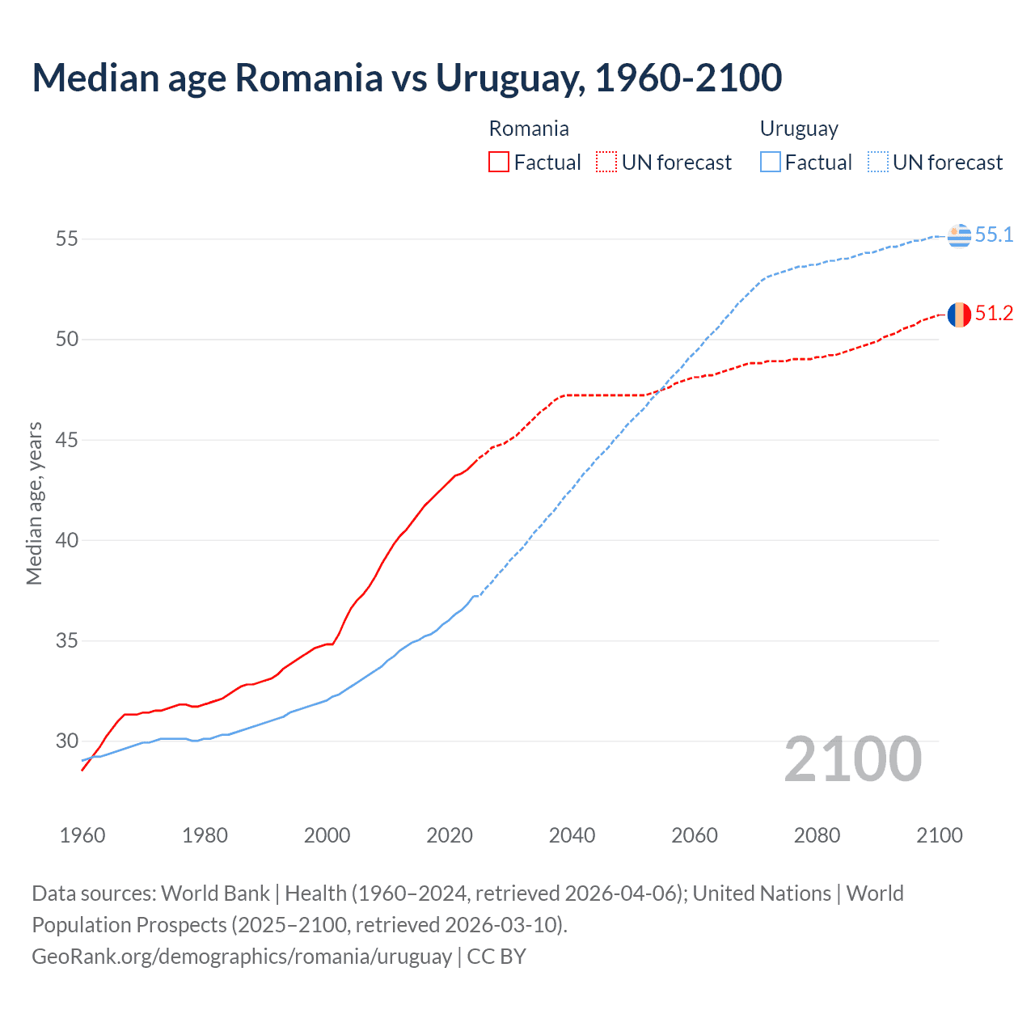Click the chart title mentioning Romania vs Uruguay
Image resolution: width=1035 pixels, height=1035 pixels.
click(x=407, y=78)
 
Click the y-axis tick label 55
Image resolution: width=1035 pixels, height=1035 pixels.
click(x=67, y=239)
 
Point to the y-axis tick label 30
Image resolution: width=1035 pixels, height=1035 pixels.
click(x=67, y=741)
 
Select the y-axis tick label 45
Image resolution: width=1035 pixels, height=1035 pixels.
click(x=67, y=440)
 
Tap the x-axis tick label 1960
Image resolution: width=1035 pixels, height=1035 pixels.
click(x=82, y=835)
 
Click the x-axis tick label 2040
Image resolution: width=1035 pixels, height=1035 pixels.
click(x=572, y=835)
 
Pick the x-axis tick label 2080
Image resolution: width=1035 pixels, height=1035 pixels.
click(x=817, y=835)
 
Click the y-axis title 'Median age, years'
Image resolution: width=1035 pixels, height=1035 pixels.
click(x=34, y=503)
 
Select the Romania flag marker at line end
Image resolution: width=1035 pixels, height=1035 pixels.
click(x=959, y=315)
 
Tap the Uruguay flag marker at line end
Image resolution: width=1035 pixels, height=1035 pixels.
click(x=959, y=235)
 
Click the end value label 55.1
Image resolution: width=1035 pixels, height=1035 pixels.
click(x=994, y=235)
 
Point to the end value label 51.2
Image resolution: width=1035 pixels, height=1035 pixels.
click(x=994, y=314)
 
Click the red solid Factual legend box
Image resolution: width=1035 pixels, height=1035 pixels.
click(x=499, y=163)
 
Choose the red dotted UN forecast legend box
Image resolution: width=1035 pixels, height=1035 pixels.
click(x=606, y=163)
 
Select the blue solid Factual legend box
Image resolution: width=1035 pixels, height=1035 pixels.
click(x=771, y=163)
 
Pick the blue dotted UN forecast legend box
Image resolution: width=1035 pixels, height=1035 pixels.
click(x=877, y=163)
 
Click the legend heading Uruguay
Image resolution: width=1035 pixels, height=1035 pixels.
click(x=799, y=129)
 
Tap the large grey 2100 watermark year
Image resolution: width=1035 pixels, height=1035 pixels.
click(x=852, y=759)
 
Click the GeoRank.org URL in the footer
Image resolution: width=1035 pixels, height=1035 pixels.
click(x=242, y=957)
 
